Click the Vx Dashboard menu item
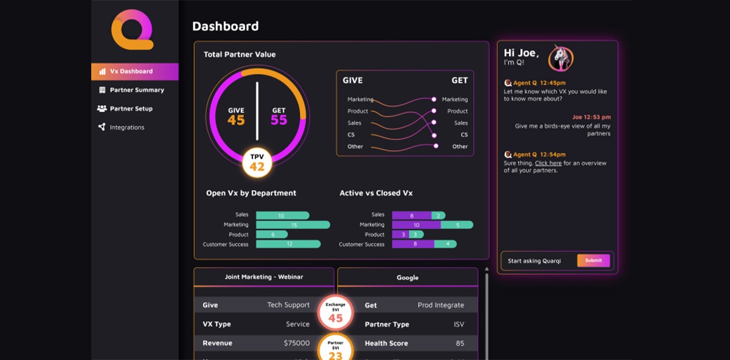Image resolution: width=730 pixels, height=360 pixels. click(131, 71)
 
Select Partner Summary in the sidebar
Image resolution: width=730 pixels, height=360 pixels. click(136, 90)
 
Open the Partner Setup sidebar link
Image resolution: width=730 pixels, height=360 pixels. click(131, 109)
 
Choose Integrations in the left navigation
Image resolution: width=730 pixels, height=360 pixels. click(127, 128)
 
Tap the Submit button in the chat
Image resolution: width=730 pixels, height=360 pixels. click(593, 261)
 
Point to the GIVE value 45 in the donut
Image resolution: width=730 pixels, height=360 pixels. click(236, 120)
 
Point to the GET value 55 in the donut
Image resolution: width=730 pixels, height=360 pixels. click(279, 120)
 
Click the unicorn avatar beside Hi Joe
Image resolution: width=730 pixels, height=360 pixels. click(560, 58)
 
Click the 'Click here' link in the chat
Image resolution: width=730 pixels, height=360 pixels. click(548, 164)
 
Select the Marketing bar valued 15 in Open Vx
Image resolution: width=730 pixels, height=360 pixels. click(293, 225)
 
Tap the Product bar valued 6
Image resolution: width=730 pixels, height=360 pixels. click(272, 235)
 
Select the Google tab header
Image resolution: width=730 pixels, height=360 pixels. click(408, 277)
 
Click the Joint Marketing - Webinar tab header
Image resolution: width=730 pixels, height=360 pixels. click(263, 277)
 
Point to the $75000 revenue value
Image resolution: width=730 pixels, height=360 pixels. click(296, 343)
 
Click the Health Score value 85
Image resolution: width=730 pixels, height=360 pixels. click(460, 343)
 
